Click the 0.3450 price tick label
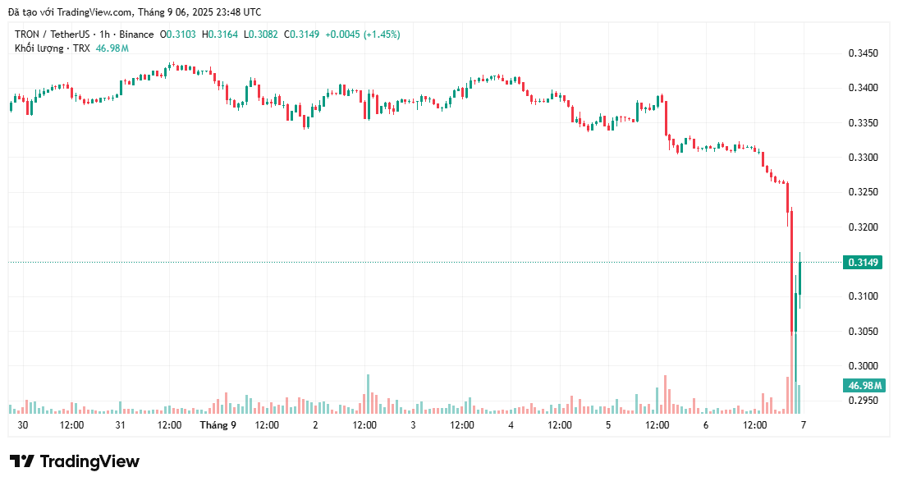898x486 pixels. coord(863,53)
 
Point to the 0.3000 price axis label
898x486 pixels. coord(863,366)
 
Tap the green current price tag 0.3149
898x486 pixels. coord(863,263)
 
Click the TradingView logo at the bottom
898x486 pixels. coord(75,461)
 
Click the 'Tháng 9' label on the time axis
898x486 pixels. coord(218,425)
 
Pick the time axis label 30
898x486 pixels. coord(23,425)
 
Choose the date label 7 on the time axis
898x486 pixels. coord(804,425)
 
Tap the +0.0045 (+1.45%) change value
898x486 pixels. coord(363,34)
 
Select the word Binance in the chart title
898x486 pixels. coord(136,34)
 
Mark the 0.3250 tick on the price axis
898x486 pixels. coord(863,192)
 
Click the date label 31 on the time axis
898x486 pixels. coord(121,425)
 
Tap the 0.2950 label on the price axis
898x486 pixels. coord(863,401)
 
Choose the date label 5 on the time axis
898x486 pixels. coord(608,425)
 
